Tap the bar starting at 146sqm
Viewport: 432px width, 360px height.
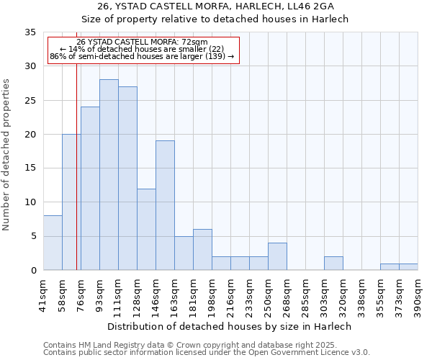click(x=165, y=205)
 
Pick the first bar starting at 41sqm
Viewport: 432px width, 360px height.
click(x=53, y=243)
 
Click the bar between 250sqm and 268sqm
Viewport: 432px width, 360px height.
click(x=277, y=256)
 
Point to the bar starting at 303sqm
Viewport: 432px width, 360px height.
click(x=333, y=264)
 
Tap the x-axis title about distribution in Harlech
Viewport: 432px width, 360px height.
click(x=229, y=326)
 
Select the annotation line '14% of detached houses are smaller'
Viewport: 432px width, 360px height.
click(x=142, y=49)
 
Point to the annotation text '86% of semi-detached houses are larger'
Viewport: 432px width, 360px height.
click(x=142, y=56)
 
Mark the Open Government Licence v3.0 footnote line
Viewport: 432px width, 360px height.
click(x=206, y=352)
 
